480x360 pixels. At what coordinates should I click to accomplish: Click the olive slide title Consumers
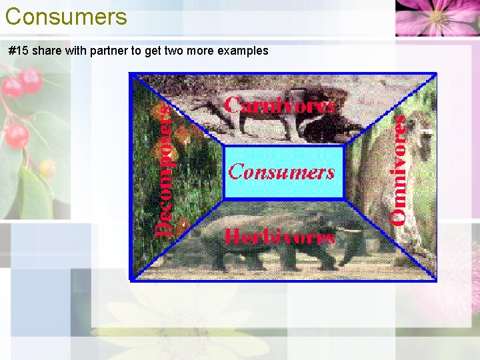pyautogui.click(x=65, y=16)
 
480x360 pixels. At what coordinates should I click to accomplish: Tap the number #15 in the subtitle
pyautogui.click(x=19, y=51)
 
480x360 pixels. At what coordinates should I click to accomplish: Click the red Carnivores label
pyautogui.click(x=279, y=105)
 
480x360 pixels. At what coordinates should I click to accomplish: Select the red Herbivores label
pyautogui.click(x=279, y=237)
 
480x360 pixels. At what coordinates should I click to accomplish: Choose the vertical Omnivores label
pyautogui.click(x=399, y=169)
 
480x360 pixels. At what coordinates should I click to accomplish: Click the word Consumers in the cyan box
pyautogui.click(x=281, y=172)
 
